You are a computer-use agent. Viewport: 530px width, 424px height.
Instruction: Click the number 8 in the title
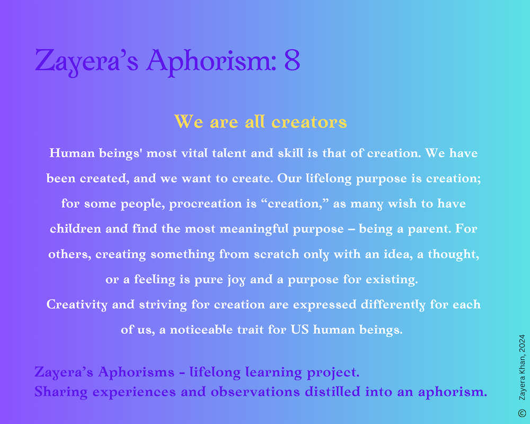292,60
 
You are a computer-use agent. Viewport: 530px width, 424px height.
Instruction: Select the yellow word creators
309,122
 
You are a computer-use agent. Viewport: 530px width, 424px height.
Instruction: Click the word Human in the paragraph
72,153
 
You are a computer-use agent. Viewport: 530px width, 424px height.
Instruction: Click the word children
75,228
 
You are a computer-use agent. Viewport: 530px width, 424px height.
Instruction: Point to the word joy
236,280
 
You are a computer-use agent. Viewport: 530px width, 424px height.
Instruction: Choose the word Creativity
77,305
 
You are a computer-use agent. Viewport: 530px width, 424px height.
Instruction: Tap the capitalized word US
299,329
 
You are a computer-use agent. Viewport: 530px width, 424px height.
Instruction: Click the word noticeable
201,330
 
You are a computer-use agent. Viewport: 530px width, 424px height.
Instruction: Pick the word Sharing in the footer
61,392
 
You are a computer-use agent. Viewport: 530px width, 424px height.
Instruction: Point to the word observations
255,392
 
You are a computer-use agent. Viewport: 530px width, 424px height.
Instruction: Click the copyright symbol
522,413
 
